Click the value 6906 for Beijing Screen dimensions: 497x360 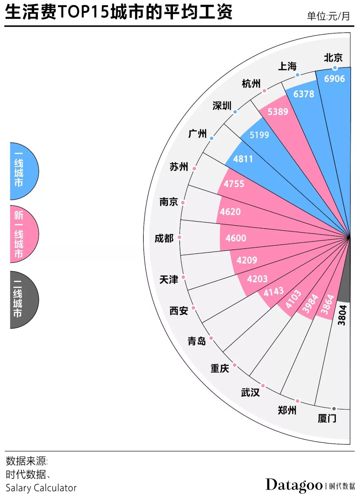coord(334,79)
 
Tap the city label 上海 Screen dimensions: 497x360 coord(287,66)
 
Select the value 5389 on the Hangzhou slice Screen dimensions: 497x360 coord(278,111)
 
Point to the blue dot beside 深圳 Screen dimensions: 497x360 coord(235,112)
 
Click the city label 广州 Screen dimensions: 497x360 coord(197,134)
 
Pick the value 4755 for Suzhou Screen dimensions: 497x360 coord(234,184)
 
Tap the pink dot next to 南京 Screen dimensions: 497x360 coord(183,202)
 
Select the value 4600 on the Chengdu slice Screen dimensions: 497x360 coord(236,238)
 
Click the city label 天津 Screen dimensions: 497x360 coord(169,280)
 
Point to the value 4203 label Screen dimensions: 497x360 coord(257,279)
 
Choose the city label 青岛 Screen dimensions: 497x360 coord(197,341)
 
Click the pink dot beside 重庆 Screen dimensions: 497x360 coord(235,365)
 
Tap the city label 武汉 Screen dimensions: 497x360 coord(250,392)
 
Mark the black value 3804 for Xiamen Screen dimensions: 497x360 coord(342,315)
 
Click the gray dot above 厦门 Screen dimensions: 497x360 coord(334,409)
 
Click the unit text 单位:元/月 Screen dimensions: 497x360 coord(328,16)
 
